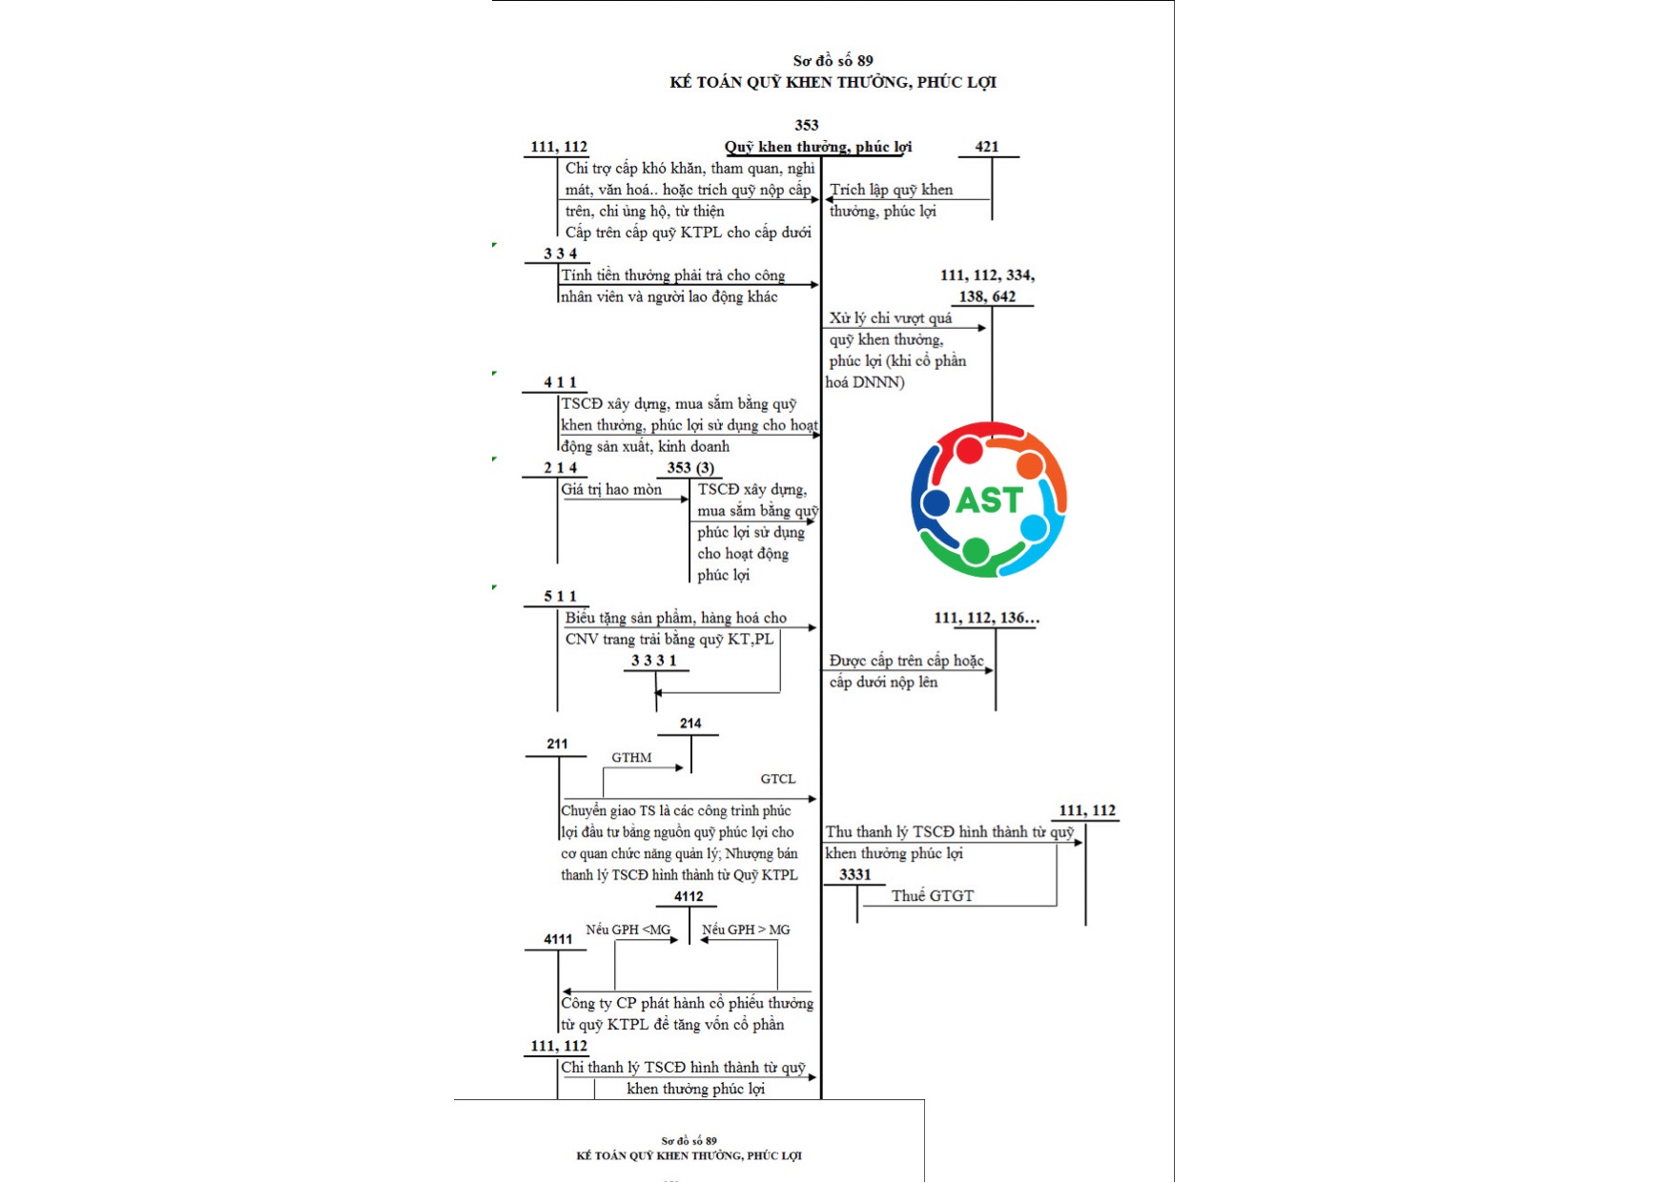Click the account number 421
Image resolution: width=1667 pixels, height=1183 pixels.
986,147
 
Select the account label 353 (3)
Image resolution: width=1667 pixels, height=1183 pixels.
690,468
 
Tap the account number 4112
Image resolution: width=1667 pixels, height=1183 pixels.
688,897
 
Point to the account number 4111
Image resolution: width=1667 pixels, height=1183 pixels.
558,940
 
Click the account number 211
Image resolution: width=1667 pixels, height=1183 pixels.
557,744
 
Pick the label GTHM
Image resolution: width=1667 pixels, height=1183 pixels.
631,758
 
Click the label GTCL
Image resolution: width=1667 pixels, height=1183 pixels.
777,779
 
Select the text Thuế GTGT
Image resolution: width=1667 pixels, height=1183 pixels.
932,896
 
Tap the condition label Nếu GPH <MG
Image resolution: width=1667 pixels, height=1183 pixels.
628,929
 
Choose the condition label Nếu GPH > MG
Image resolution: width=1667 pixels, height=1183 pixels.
746,929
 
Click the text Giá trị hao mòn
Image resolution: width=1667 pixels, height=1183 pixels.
611,490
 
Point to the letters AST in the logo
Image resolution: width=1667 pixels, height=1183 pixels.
989,500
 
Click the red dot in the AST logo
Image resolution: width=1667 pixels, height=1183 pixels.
969,450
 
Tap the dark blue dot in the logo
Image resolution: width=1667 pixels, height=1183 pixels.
936,501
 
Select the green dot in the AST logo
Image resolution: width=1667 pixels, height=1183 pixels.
975,550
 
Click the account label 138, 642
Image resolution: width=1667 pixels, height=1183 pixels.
987,296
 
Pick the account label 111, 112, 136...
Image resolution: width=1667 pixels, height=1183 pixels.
986,618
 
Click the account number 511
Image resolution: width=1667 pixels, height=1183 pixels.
560,597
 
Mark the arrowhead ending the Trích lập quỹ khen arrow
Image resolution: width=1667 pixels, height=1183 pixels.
829,200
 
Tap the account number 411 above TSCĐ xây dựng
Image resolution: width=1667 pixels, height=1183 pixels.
560,382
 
